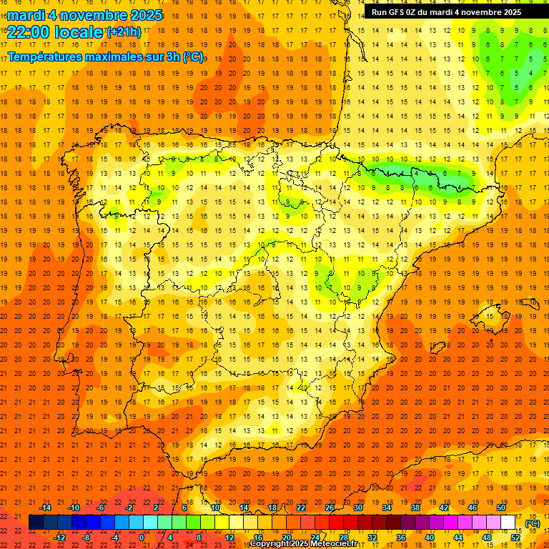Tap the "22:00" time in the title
[x=29, y=31]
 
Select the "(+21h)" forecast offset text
[x=123, y=31]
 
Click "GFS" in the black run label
[x=397, y=12]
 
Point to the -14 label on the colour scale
[x=45, y=508]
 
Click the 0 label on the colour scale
[x=142, y=538]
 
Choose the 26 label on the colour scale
[x=330, y=508]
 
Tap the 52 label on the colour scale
[x=515, y=538]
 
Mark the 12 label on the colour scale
[x=229, y=538]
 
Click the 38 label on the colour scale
[x=415, y=508]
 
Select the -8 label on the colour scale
[x=86, y=538]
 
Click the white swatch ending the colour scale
[x=508, y=523]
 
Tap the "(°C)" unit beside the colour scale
[x=532, y=523]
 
